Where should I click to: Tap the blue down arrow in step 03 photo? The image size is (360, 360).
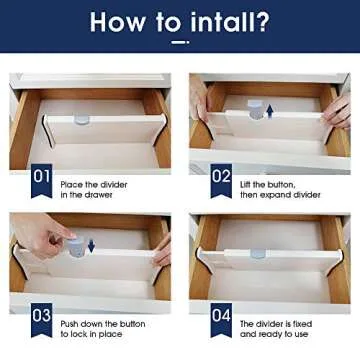(89, 245)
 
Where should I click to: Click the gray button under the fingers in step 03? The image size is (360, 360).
(72, 247)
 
